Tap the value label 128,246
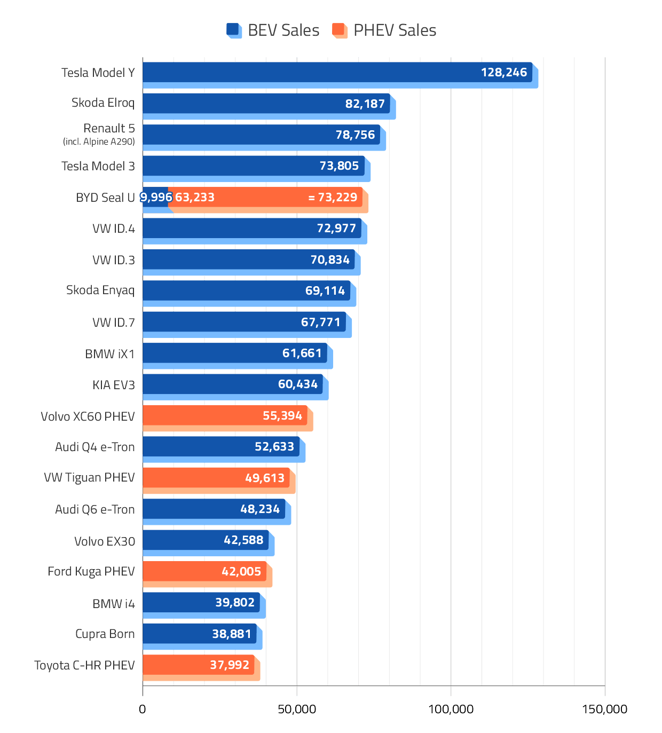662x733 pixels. point(503,73)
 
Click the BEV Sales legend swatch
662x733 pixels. point(234,30)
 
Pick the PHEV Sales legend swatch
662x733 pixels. point(340,30)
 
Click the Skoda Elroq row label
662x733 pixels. point(103,103)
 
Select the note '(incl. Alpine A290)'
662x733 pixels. point(99,141)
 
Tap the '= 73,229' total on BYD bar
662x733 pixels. point(333,198)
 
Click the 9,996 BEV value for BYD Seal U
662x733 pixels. point(156,198)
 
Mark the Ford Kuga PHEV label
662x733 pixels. point(91,572)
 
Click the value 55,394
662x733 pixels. point(282,416)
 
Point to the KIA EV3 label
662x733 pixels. point(114,385)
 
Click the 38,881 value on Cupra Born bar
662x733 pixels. point(231,634)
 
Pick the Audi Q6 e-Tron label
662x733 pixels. point(95,509)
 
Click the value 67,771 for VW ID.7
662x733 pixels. point(320,322)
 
